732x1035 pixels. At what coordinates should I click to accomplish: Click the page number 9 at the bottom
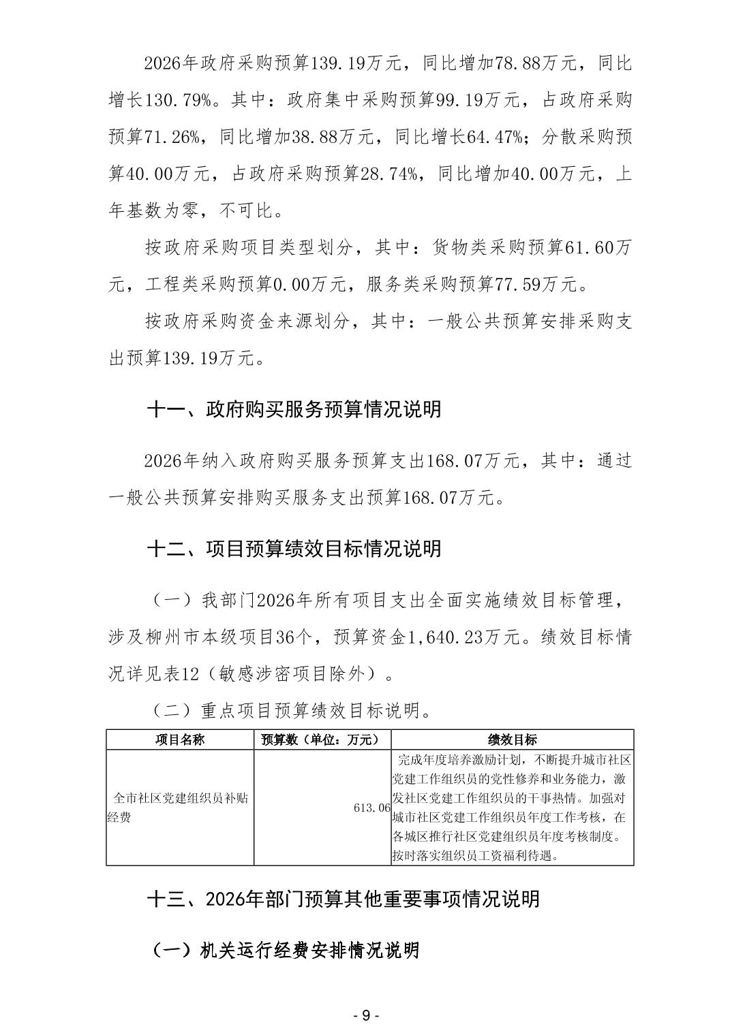[366, 1015]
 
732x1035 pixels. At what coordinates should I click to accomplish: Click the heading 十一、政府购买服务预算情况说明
[294, 409]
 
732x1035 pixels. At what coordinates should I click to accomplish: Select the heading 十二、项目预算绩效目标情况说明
[294, 549]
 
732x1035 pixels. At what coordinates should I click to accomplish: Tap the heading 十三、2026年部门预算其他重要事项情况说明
[344, 899]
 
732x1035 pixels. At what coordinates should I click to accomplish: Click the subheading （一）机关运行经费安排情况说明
[285, 950]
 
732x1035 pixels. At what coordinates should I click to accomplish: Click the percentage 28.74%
[388, 174]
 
